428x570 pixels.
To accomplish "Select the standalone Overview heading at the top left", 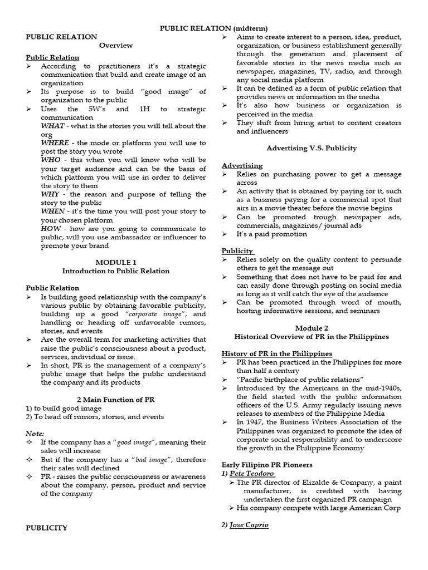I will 116,45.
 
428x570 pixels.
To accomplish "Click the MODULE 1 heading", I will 116,262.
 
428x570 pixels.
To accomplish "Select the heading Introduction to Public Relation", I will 116,271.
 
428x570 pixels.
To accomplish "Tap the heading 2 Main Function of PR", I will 116,400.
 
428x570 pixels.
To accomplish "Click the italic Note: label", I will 35,434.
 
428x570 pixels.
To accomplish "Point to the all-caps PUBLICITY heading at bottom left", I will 47,528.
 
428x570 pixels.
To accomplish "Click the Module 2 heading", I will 312,328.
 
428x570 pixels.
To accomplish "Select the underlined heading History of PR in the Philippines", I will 277,353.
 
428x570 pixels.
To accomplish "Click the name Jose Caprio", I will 249,525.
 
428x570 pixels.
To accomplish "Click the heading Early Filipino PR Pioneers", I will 267,464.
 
